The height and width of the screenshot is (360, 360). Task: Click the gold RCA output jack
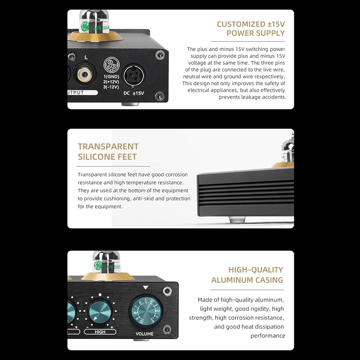point(85,74)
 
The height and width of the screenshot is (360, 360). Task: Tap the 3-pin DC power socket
point(134,76)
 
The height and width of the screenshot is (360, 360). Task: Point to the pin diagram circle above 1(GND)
point(111,64)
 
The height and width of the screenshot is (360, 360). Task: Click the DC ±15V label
point(134,93)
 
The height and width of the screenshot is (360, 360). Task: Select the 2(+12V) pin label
point(111,82)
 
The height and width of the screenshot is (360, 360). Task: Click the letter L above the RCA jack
point(86,57)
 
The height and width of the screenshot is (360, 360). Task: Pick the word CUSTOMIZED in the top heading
point(238,24)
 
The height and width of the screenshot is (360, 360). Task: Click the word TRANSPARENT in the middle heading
point(108,147)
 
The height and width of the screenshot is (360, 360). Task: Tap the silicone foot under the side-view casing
point(237,220)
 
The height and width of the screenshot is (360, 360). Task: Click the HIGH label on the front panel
point(100,332)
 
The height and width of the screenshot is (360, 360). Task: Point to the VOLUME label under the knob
point(144,334)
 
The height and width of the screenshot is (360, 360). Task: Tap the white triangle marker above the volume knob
point(145,287)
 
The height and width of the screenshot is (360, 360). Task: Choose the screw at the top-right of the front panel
point(167,291)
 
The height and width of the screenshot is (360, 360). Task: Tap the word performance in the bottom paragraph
point(268,336)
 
